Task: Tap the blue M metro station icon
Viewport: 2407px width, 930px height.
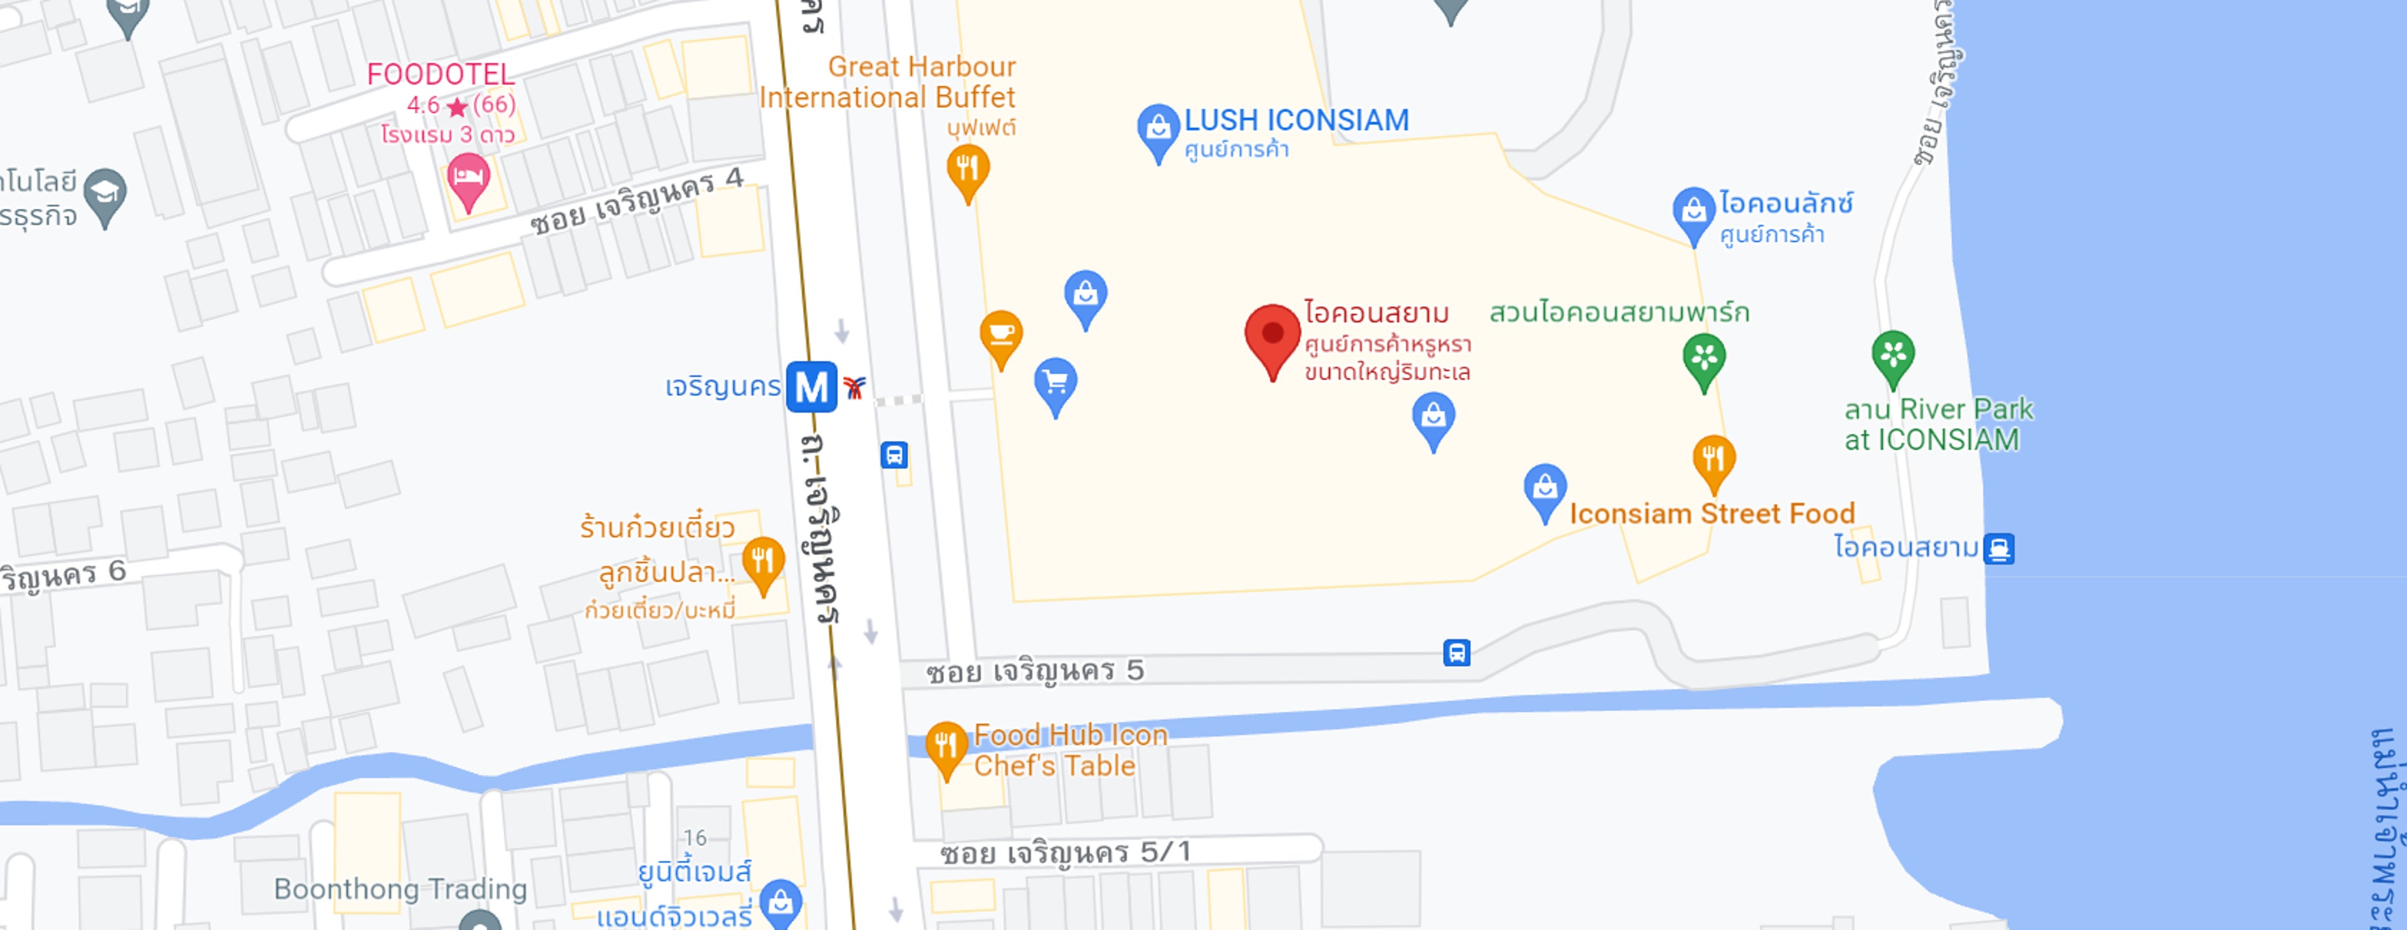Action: tap(810, 386)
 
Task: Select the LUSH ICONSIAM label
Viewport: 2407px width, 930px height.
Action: tap(1296, 120)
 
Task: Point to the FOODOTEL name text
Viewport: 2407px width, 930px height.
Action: tap(440, 75)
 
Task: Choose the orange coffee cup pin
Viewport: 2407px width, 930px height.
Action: tap(1001, 335)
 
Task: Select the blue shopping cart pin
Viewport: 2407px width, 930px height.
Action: tap(1056, 383)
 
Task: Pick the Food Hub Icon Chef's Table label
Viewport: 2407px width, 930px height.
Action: tap(1070, 751)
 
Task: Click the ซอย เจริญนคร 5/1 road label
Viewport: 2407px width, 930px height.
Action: tap(1065, 852)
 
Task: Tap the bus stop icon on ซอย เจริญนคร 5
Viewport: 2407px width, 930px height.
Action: tap(1455, 652)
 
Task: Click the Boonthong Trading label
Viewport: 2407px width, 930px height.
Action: tap(400, 889)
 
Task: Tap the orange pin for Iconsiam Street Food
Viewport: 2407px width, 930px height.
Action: tap(1714, 459)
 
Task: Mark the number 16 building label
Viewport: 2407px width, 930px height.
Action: tap(695, 837)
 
